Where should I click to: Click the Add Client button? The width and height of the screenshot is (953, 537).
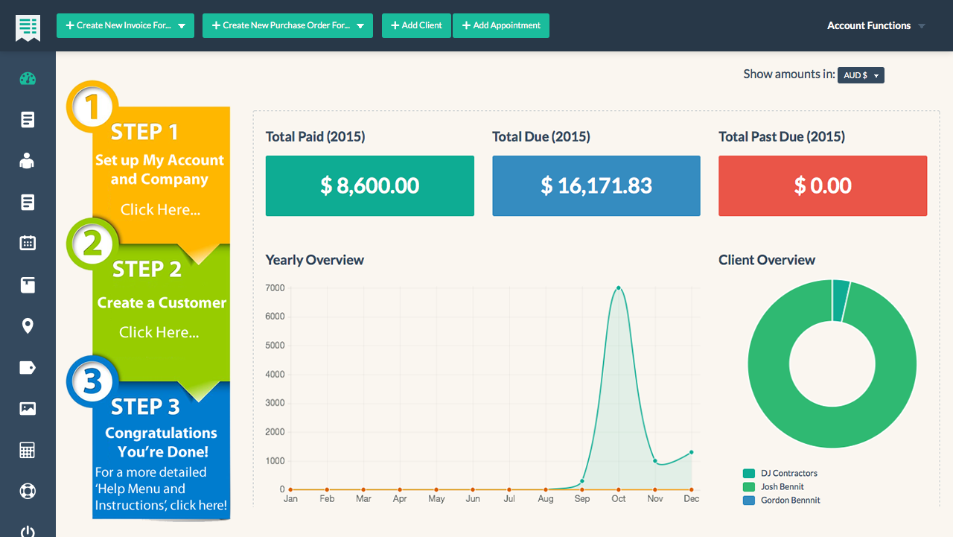pyautogui.click(x=416, y=25)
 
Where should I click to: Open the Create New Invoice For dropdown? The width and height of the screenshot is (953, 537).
pyautogui.click(x=125, y=25)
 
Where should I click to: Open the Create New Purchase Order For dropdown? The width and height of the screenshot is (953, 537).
pyautogui.click(x=287, y=25)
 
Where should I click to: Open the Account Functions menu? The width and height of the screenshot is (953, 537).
pyautogui.click(x=876, y=25)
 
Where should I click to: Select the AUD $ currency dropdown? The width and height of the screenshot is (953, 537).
pyautogui.click(x=861, y=75)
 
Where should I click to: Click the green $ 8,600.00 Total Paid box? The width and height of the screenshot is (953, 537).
pyautogui.click(x=369, y=185)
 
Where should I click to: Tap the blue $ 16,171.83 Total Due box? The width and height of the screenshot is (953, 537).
pyautogui.click(x=596, y=185)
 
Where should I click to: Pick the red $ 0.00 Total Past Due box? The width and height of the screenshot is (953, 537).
pyautogui.click(x=822, y=185)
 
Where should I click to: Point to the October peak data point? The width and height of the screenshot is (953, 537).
pyautogui.click(x=619, y=288)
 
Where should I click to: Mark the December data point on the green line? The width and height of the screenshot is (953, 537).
pyautogui.click(x=692, y=452)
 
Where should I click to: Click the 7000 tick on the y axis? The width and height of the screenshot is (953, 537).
pyautogui.click(x=275, y=288)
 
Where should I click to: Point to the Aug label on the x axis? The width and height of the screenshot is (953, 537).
pyautogui.click(x=546, y=499)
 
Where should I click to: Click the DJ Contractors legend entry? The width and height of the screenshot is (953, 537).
pyautogui.click(x=788, y=474)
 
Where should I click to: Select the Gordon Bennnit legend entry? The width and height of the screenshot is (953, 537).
pyautogui.click(x=790, y=501)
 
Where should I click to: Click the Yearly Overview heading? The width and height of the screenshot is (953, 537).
pyautogui.click(x=314, y=260)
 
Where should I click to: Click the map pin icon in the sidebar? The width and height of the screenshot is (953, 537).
pyautogui.click(x=28, y=326)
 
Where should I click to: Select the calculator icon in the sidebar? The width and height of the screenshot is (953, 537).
pyautogui.click(x=28, y=450)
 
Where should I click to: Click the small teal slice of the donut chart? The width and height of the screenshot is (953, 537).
pyautogui.click(x=841, y=300)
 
